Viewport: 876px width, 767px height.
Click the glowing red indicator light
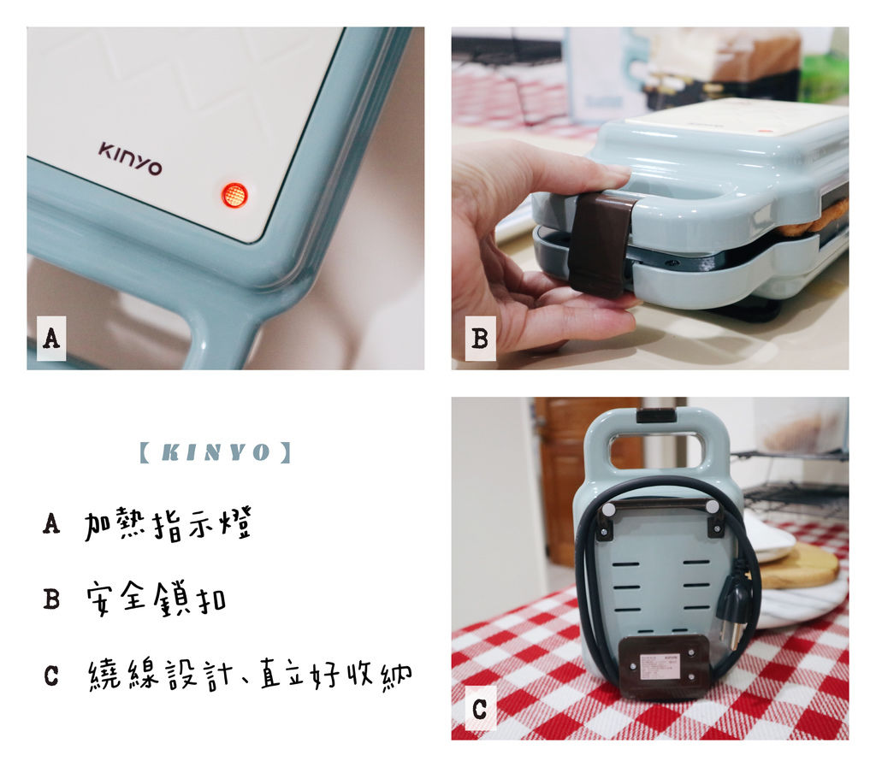[234, 195]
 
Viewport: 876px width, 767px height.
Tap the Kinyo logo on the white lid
[130, 158]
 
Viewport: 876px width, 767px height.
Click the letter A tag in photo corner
[51, 339]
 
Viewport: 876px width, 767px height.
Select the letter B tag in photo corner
[480, 339]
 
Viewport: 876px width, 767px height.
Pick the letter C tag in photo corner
[480, 709]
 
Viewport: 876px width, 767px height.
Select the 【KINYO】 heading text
[215, 452]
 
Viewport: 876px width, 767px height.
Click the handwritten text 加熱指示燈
[168, 524]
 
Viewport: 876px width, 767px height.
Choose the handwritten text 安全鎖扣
[157, 599]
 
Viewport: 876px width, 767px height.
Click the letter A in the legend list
[51, 523]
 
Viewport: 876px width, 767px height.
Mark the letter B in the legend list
[51, 599]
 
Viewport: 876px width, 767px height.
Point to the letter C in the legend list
[51, 675]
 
